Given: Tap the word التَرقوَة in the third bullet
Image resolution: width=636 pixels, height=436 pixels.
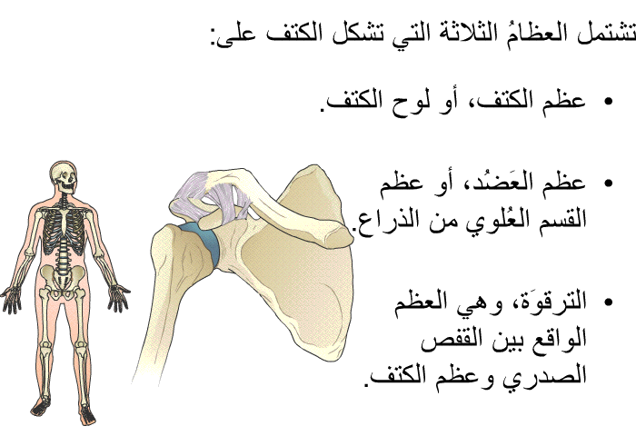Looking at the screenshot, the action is [x=549, y=302].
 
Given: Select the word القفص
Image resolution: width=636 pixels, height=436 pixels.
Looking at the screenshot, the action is [x=447, y=339].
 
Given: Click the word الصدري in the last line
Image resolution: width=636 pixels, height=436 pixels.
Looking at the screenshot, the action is [x=544, y=375].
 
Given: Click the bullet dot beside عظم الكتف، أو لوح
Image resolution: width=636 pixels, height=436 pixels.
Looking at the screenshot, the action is [x=608, y=102].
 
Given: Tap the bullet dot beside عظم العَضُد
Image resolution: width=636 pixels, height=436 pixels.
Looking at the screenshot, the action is [x=608, y=183].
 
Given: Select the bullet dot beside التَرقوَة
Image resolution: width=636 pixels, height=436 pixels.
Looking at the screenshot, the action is [x=608, y=302].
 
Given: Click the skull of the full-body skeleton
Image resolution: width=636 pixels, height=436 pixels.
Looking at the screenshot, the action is [x=64, y=177].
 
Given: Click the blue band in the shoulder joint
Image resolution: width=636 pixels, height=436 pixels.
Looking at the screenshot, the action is [x=204, y=245].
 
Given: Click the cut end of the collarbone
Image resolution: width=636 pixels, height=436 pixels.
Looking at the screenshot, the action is [x=339, y=236].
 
